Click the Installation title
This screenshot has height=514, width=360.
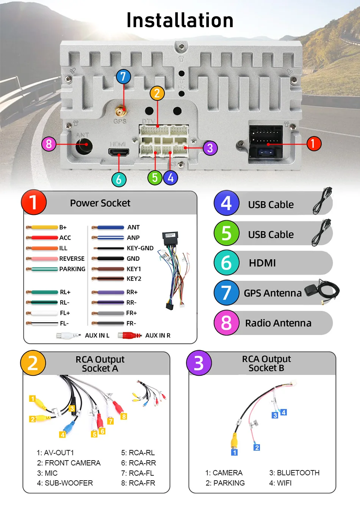(x=180, y=20)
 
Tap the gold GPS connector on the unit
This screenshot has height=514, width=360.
(x=121, y=111)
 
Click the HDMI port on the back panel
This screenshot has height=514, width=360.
(x=119, y=152)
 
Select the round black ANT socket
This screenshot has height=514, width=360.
(x=84, y=144)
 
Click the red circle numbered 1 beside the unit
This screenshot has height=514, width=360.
(x=313, y=144)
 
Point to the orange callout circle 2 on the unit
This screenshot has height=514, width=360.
(x=157, y=93)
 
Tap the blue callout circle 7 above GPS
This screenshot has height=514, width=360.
(x=123, y=77)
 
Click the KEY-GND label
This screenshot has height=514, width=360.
(x=140, y=248)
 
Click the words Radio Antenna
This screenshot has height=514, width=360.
(x=278, y=323)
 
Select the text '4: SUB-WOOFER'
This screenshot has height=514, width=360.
(x=65, y=483)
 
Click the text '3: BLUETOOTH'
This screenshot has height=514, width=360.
(x=294, y=473)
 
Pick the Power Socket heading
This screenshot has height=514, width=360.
(x=100, y=203)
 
